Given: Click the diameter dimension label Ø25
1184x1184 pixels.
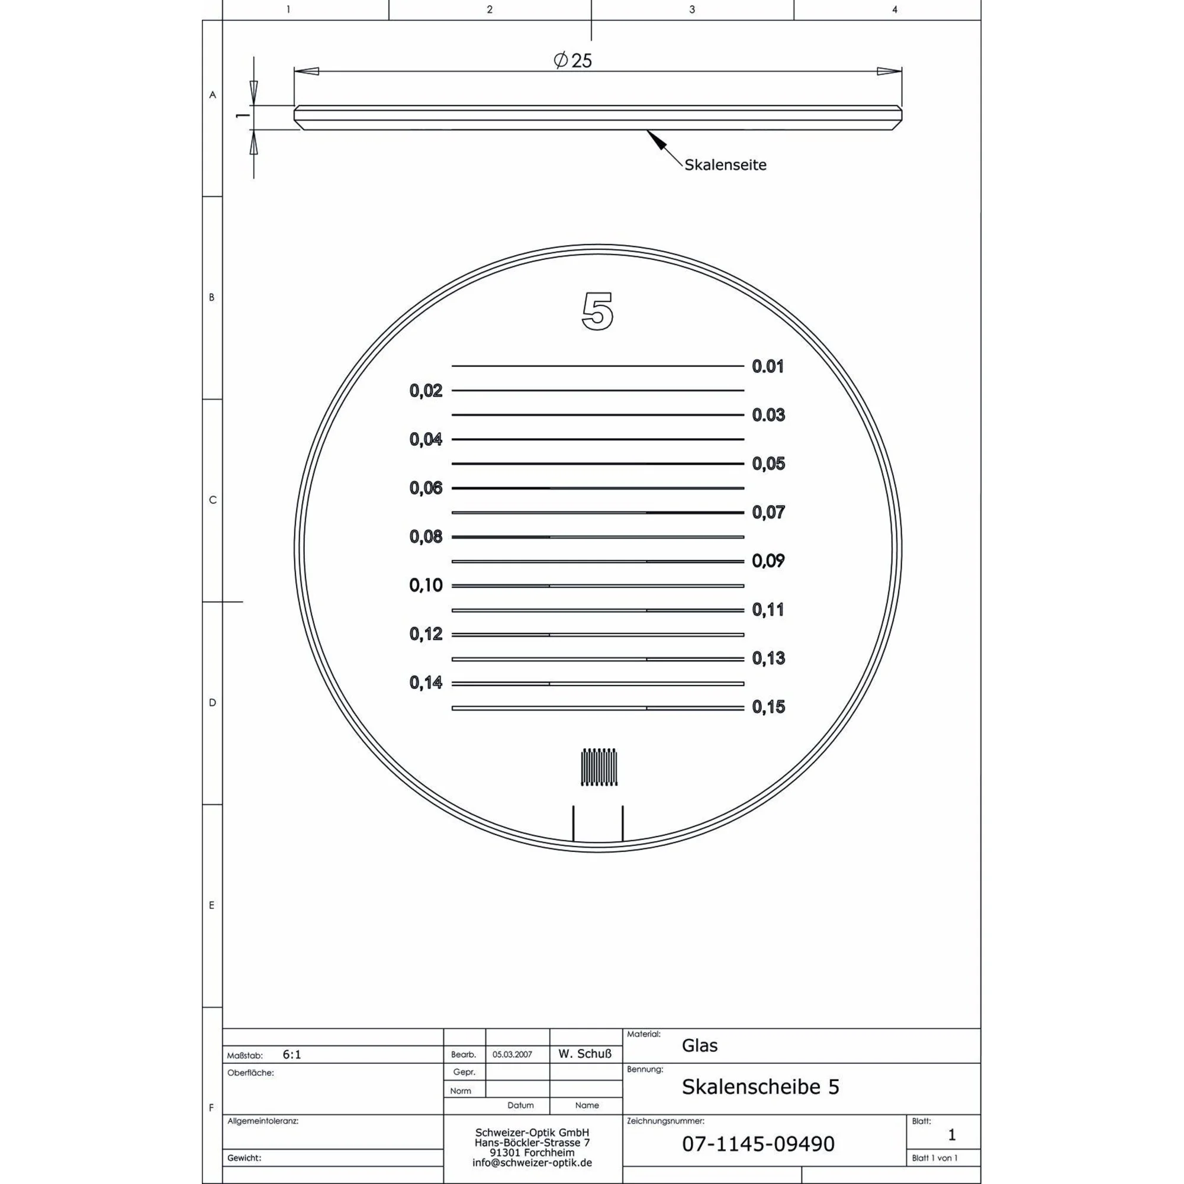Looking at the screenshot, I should coord(572,60).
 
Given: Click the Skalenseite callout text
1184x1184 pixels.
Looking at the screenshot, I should coord(725,165).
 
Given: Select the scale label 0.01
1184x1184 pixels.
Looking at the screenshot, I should coord(768,366).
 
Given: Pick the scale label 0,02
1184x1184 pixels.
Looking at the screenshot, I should coord(426,390).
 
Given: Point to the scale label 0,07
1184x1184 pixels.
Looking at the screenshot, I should coord(768,512).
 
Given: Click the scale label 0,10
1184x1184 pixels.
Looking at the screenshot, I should coord(426,585).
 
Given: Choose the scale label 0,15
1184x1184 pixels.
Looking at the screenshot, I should coord(768,707).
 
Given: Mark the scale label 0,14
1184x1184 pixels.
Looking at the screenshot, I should coord(426,683).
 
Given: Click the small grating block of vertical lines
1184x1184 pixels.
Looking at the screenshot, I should coord(599,767).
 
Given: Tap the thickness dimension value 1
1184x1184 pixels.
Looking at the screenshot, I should coord(243,115).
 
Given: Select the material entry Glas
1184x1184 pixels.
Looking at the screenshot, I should coord(699,1045).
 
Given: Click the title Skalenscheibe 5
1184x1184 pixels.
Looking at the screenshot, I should coord(760,1087).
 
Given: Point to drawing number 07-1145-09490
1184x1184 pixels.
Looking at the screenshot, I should coord(758,1144).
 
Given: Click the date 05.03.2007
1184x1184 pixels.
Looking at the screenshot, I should coord(512,1055).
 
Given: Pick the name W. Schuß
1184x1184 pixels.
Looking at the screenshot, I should coord(585,1054).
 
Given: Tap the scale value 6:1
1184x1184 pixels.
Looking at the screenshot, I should coord(292,1055).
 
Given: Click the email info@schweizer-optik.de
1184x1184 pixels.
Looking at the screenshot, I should coord(532,1163).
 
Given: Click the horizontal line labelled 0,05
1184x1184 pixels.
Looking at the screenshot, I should coord(597,464).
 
